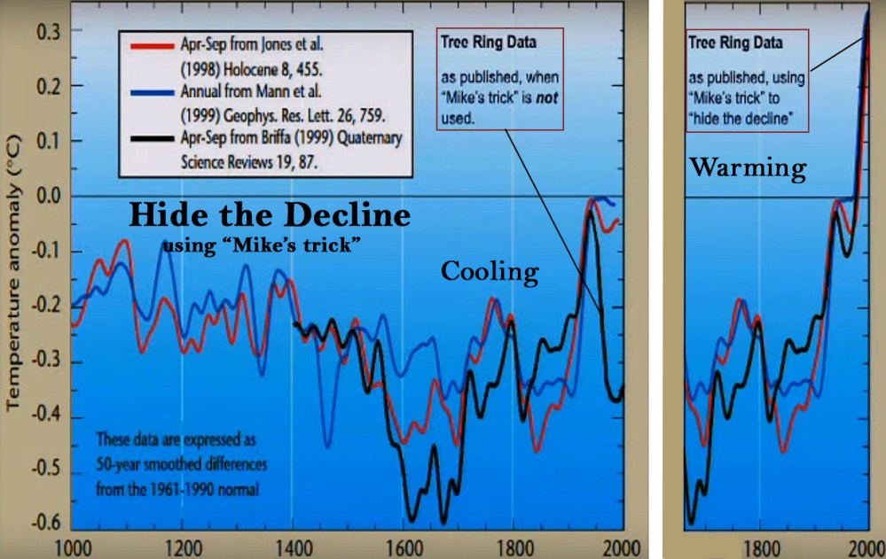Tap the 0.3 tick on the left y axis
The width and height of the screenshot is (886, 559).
tap(47, 30)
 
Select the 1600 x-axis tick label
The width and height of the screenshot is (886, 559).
tap(403, 546)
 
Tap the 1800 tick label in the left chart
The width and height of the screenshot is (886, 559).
tap(513, 546)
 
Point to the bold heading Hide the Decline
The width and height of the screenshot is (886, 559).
tap(271, 216)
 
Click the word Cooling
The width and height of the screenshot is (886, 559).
tap(490, 272)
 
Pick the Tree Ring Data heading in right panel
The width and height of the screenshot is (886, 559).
tap(725, 42)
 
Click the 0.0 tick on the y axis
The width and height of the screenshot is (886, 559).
tap(47, 196)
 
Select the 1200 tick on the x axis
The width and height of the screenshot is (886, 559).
tap(182, 546)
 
